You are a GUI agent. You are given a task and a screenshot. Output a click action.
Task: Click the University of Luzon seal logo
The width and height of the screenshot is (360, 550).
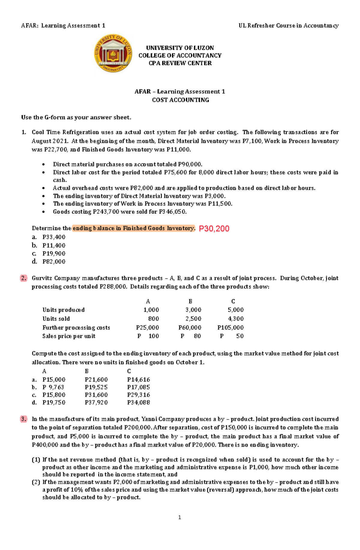[x=113, y=54]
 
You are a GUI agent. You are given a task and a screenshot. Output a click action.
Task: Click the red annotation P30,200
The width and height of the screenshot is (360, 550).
[x=214, y=229]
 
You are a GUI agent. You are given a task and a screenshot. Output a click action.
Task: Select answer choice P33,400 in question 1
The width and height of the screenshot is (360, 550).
[x=54, y=237]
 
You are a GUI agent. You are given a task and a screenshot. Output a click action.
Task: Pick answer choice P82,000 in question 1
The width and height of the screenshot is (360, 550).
[x=54, y=262]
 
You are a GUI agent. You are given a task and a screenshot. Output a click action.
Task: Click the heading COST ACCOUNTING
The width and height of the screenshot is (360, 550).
[x=180, y=100]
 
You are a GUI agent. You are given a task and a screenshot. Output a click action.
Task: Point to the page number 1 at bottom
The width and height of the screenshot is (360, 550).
[x=179, y=517]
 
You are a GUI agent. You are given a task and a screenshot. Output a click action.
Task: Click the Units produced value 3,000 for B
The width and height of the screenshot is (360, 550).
[x=193, y=310]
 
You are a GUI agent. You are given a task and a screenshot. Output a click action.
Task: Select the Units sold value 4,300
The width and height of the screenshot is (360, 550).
[x=235, y=319]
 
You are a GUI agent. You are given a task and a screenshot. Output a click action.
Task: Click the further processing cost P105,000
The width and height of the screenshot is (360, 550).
[x=230, y=328]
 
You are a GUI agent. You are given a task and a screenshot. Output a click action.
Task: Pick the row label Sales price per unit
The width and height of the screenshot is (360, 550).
[x=69, y=336]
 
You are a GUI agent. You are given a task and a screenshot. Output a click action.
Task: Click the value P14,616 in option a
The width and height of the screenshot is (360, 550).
[x=138, y=380]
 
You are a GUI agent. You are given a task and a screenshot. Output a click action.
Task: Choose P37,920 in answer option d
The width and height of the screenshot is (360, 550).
[x=96, y=403]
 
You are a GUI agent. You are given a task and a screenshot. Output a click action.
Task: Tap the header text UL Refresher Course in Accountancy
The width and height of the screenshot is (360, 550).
[x=288, y=26]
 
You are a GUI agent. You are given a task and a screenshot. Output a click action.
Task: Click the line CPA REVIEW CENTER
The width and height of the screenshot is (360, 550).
[x=180, y=63]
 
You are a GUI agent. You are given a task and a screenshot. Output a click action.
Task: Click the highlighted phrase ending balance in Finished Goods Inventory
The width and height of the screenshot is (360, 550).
[x=133, y=228]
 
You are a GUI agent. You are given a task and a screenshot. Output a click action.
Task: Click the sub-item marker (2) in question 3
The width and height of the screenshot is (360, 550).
[x=36, y=482]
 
